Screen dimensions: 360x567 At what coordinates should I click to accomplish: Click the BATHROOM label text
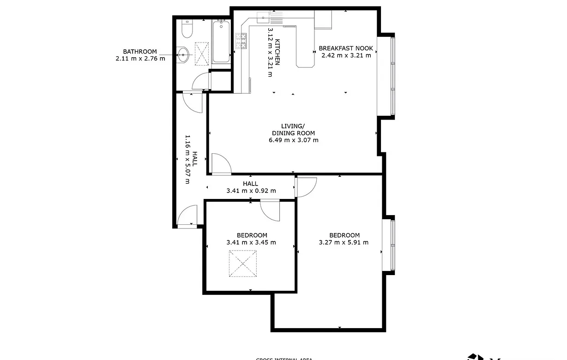(x=139, y=52)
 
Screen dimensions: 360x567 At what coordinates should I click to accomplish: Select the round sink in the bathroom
(x=184, y=55)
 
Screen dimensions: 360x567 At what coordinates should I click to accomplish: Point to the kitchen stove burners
(x=241, y=42)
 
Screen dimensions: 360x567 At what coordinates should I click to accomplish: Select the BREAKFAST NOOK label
(x=346, y=48)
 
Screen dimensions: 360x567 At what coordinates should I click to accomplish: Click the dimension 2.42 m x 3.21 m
(x=346, y=56)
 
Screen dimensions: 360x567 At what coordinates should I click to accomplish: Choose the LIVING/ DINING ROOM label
(x=293, y=130)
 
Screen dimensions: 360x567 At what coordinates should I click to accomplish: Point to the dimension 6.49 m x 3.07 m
(x=293, y=140)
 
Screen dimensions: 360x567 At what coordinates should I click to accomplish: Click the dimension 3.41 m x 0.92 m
(x=251, y=191)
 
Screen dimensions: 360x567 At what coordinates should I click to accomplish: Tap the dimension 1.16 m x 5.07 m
(x=187, y=159)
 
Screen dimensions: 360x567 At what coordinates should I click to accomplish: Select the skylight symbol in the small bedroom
(x=243, y=264)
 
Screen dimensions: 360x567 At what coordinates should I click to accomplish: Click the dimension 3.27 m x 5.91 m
(x=344, y=242)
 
